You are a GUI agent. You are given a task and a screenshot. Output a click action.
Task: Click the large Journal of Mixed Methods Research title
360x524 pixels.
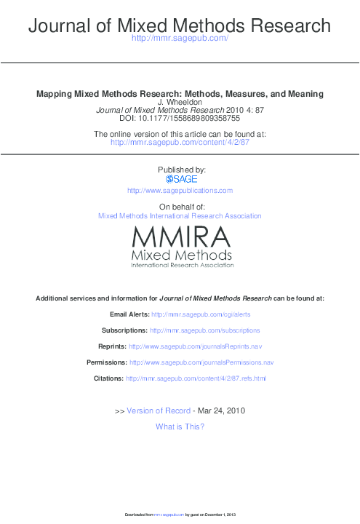click(180, 28)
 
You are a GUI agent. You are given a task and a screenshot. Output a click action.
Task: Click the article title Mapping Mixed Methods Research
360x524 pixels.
click(180, 95)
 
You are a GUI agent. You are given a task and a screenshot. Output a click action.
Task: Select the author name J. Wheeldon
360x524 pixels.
click(180, 103)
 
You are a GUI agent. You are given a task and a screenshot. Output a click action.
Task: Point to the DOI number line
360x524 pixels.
click(180, 119)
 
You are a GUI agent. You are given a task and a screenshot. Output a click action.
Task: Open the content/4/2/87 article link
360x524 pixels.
click(180, 143)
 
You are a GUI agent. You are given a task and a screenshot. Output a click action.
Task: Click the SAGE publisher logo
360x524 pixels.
click(180, 179)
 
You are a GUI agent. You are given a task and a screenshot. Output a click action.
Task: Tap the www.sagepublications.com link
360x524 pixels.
click(180, 191)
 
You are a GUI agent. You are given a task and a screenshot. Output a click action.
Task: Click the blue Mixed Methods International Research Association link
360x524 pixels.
click(180, 216)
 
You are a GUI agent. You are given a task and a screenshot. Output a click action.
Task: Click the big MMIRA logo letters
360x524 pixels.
click(182, 237)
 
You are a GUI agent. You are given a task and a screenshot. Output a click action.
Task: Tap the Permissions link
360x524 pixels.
click(201, 362)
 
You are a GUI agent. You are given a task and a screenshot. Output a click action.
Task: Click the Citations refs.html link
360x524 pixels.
click(196, 378)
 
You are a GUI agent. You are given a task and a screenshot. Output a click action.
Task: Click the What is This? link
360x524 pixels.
click(180, 426)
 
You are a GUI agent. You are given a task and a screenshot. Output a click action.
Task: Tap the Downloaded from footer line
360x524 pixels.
click(180, 515)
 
